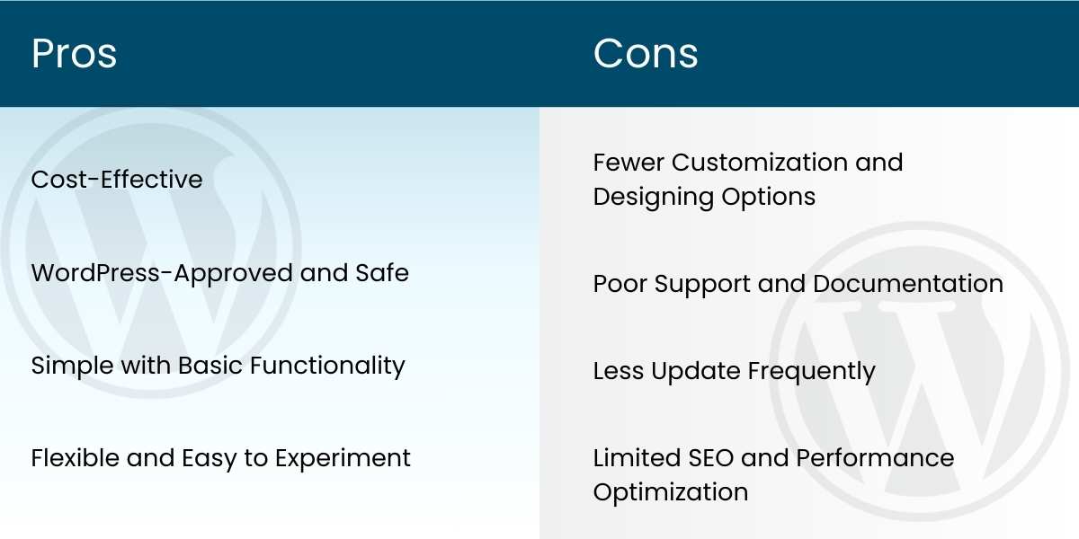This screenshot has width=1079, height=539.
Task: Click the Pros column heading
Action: coord(74,54)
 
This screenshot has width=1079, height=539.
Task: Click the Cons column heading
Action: coord(646,54)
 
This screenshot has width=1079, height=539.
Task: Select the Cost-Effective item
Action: coord(117,180)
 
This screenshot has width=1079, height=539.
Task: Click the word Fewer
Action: coord(629,163)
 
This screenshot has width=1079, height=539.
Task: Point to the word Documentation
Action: coord(908,284)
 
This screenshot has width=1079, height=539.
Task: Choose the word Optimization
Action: coord(670,493)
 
